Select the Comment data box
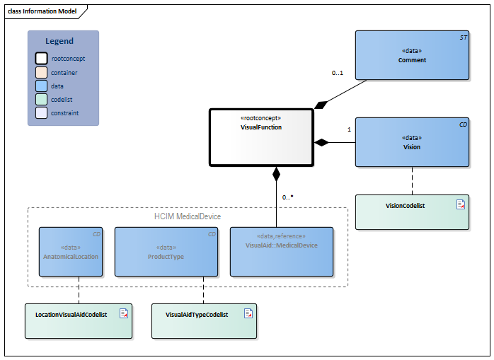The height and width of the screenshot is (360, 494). (412, 55)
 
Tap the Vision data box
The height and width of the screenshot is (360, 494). (412, 142)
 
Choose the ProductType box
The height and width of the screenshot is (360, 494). (166, 251)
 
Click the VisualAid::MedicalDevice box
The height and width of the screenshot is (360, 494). (282, 251)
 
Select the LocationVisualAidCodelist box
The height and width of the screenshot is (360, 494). (79, 321)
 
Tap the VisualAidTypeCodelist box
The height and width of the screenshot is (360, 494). (204, 321)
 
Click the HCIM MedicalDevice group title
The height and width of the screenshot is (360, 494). (188, 216)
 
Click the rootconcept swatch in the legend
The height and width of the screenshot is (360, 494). (42, 59)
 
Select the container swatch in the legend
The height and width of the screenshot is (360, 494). (42, 72)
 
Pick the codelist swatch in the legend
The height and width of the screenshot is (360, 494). (42, 99)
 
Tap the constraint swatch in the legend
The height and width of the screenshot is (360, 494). (42, 112)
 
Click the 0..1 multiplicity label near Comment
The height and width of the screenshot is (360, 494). (338, 73)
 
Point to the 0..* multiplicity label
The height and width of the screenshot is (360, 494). (287, 197)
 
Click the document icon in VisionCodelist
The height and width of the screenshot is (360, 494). (460, 204)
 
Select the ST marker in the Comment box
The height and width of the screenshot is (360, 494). (463, 35)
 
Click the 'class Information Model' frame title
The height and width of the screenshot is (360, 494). (42, 11)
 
